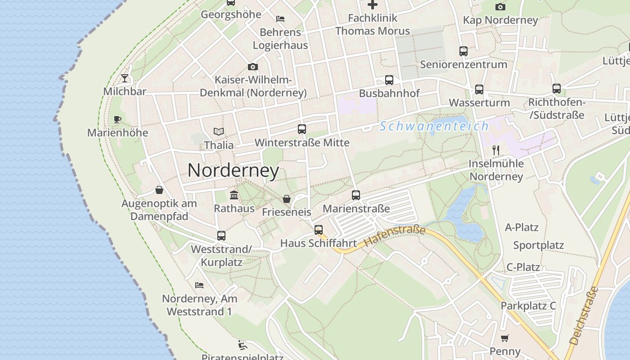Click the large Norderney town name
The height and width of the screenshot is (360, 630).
click(233, 171)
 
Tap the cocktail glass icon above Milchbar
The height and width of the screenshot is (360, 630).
click(125, 78)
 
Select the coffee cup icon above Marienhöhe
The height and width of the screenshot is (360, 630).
click(117, 120)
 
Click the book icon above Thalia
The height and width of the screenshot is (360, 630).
click(219, 132)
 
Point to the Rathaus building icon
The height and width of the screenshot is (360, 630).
click(234, 195)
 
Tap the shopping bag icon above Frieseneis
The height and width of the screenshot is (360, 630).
click(286, 199)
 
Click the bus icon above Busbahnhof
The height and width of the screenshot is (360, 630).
click(389, 80)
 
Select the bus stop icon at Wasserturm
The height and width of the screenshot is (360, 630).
click(479, 90)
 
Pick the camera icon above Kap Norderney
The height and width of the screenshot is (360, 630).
click(500, 7)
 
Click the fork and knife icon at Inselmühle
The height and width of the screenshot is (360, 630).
click(496, 150)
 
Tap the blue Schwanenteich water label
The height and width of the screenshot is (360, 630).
click(434, 126)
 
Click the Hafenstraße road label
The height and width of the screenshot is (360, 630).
click(395, 236)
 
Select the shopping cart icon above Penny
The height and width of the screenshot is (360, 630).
click(505, 338)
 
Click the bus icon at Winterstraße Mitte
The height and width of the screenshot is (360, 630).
click(302, 129)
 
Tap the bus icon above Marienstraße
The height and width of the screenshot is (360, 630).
click(356, 195)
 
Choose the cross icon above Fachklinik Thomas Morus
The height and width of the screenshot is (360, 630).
click(373, 5)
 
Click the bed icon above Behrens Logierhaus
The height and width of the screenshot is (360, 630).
click(280, 19)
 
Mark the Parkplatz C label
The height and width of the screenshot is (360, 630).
click(528, 306)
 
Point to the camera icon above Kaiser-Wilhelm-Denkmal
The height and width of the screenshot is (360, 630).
click(253, 67)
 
